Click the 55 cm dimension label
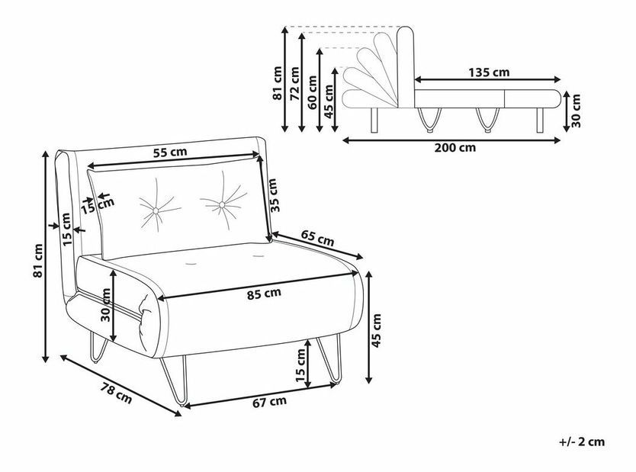point(170,153)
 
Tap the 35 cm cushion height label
point(274,195)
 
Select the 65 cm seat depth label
point(317,238)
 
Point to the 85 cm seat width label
point(264,294)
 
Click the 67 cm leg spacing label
point(269,402)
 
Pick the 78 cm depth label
point(117,392)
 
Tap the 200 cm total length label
point(455,148)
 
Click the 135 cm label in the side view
point(489,72)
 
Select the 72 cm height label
point(294,84)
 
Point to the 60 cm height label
point(313,92)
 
